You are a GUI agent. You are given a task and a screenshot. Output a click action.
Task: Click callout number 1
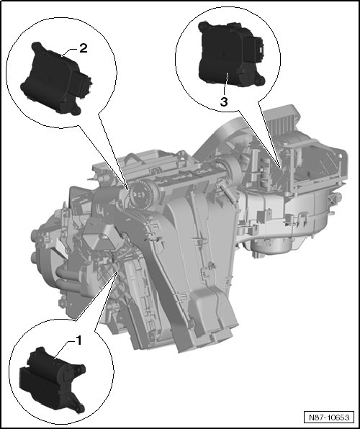click(x=78, y=341)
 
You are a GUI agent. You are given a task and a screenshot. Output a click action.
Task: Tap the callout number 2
click(x=84, y=48)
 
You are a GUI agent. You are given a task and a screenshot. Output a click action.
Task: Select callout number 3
click(x=224, y=102)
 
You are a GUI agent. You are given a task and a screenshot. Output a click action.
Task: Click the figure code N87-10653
click(x=329, y=417)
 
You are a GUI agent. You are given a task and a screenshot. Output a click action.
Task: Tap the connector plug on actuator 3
click(x=254, y=49)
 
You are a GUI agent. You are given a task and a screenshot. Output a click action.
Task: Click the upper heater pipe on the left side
click(x=67, y=274)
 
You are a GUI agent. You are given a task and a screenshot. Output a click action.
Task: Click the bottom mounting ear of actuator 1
click(x=79, y=408)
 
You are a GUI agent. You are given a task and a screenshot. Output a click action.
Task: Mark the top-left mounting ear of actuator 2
click(x=37, y=47)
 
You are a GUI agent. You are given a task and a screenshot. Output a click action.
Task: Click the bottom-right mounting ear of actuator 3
click(x=260, y=80)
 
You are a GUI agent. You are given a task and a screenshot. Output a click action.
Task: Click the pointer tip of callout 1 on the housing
click(x=118, y=271)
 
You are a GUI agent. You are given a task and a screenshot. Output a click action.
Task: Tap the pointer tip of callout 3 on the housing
click(x=280, y=166)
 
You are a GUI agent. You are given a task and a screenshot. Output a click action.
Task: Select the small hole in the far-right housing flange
click(x=341, y=155)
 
